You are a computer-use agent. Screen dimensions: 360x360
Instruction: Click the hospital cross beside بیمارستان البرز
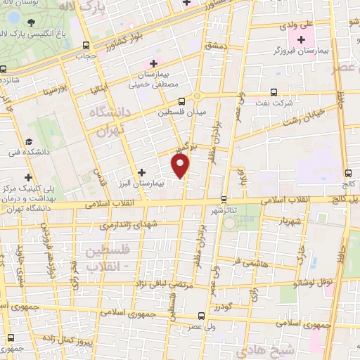click(141, 172)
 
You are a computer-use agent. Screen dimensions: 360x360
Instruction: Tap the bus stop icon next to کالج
click(350, 174)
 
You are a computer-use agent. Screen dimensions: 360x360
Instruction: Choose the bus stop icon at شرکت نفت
click(274, 92)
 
